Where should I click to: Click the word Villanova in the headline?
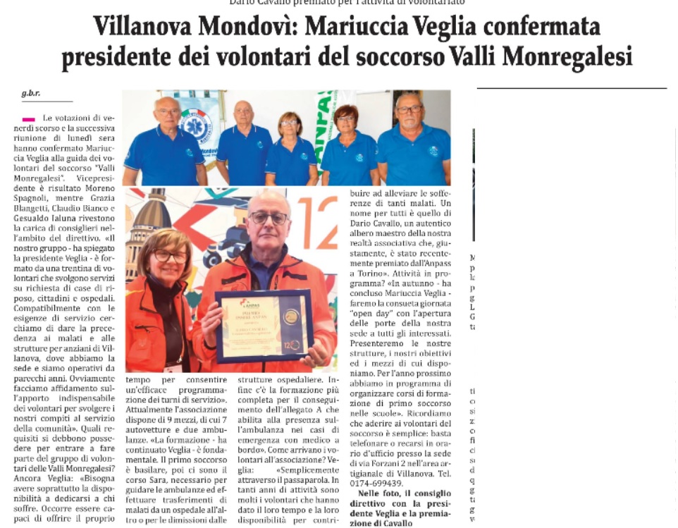click(142, 27)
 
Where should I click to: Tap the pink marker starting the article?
click(29, 119)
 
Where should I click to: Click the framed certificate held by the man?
click(264, 325)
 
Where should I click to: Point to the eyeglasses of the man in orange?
click(268, 218)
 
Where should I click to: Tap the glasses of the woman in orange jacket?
click(170, 257)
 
